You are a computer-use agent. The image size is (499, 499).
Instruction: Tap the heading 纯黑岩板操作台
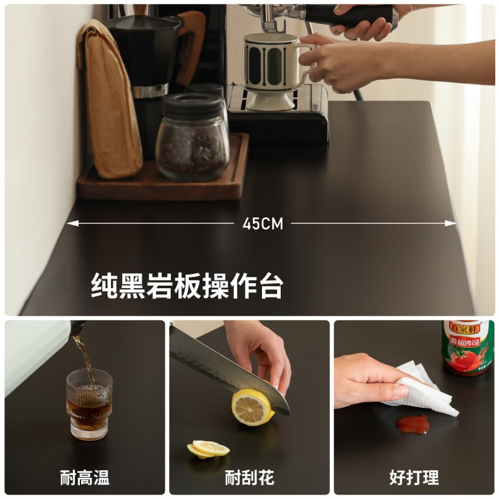(x=187, y=286)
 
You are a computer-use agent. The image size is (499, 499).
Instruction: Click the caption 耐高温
(x=85, y=478)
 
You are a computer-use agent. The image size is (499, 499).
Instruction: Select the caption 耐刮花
(x=249, y=478)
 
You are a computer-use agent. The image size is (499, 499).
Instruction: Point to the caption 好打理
(x=414, y=478)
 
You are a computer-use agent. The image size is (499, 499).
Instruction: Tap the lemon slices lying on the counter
(x=208, y=449)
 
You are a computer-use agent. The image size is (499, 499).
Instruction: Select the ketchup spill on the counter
(x=413, y=425)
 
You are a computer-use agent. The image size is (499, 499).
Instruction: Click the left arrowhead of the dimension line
(x=70, y=223)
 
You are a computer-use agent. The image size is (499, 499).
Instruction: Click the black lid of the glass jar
(x=192, y=105)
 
